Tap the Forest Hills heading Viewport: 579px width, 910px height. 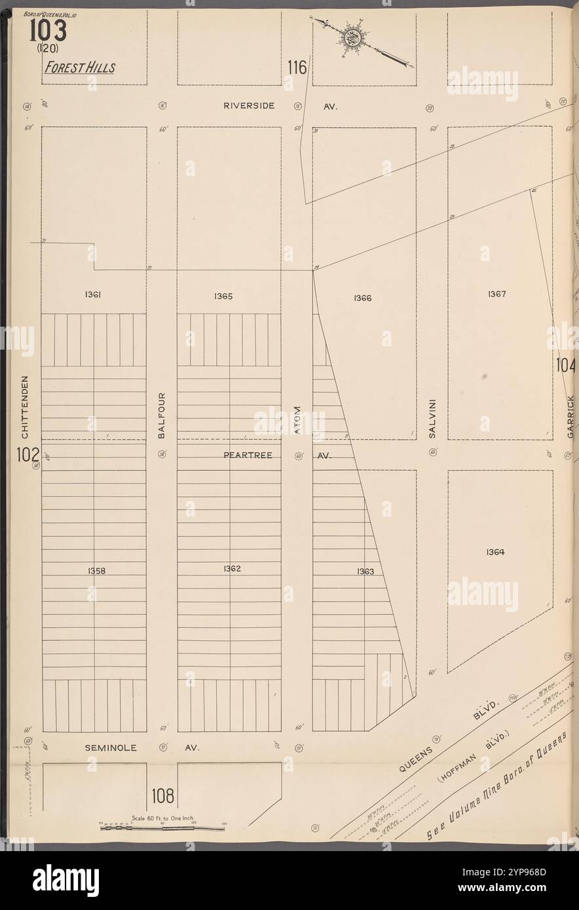(80, 68)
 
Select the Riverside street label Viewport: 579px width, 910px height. (248, 105)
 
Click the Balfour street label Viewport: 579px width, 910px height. (162, 415)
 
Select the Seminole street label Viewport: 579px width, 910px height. (111, 747)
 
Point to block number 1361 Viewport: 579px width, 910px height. (92, 295)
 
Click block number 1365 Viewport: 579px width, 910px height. (223, 297)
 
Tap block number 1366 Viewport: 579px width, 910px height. (362, 299)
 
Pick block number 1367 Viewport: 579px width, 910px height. (496, 295)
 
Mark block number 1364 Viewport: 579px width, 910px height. (495, 552)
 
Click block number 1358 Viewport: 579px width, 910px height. (96, 571)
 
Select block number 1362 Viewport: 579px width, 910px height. (231, 569)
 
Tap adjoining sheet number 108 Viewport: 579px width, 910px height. (162, 796)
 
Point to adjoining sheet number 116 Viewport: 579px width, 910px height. (296, 67)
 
